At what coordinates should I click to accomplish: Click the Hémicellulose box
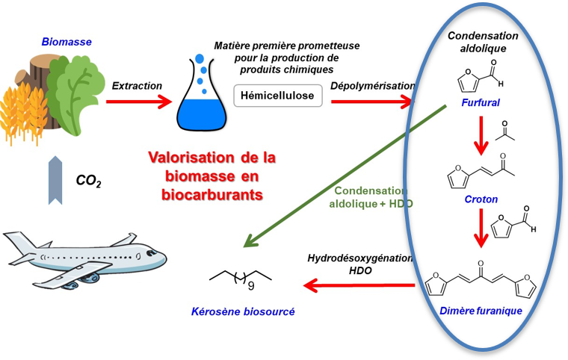278,96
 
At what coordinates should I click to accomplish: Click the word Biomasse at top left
67,42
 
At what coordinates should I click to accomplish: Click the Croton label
481,199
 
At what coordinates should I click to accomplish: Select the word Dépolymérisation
371,85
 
